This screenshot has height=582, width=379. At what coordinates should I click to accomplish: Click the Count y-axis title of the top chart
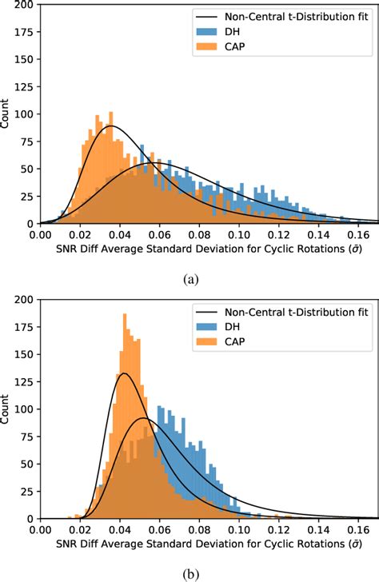coord(7,114)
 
